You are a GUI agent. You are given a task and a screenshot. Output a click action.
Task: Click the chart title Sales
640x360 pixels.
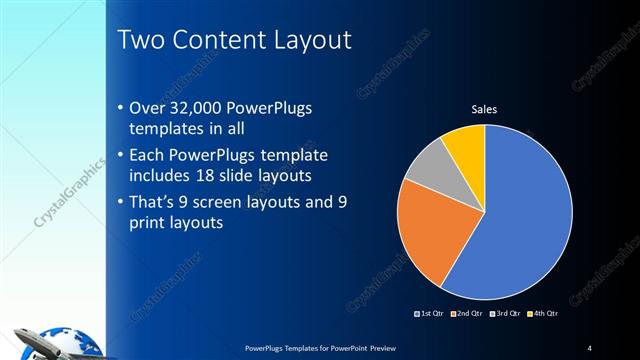[x=484, y=109]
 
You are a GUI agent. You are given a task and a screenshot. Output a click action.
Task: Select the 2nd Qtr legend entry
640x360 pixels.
[x=466, y=314]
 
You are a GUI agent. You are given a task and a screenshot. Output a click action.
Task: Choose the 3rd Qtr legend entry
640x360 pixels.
[x=503, y=314]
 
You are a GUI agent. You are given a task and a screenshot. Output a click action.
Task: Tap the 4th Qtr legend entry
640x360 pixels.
[x=540, y=314]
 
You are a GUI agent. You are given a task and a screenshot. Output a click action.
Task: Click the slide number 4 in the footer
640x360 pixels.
[x=590, y=347]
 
